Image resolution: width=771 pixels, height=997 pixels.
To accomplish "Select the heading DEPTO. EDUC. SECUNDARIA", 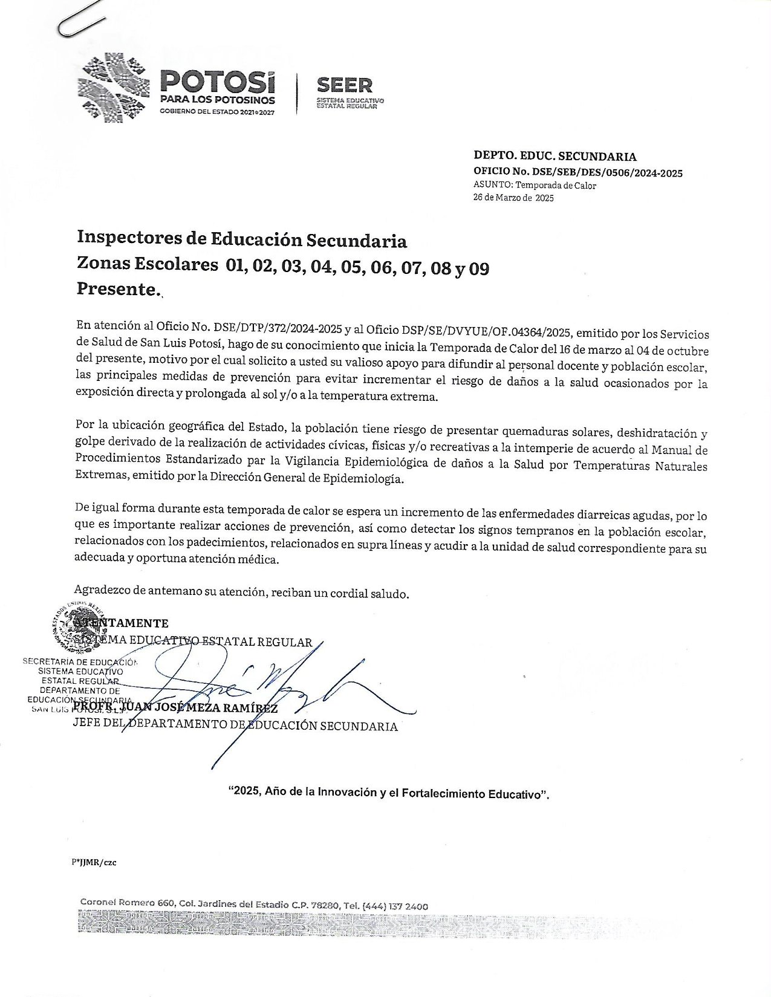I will [x=555, y=157].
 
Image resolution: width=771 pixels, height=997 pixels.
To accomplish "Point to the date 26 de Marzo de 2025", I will [x=513, y=197].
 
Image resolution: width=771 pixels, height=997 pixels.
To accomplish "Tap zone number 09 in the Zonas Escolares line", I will [x=479, y=268].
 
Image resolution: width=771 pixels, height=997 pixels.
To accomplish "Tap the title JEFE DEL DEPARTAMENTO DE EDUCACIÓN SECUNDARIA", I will [x=235, y=726].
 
